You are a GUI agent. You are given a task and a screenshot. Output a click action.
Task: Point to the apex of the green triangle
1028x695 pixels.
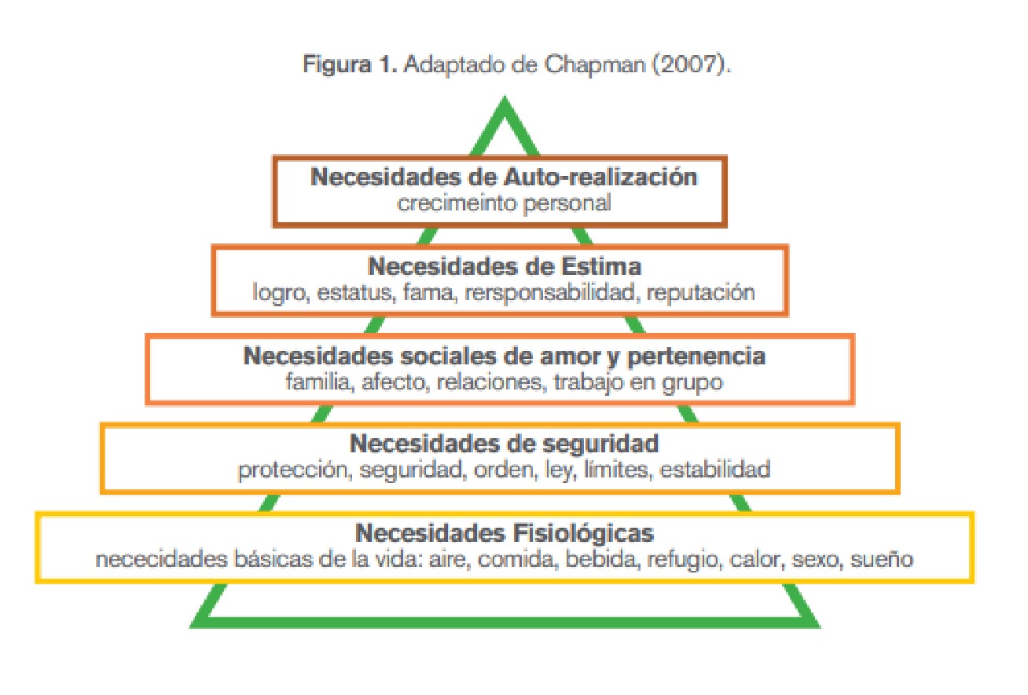click(x=504, y=101)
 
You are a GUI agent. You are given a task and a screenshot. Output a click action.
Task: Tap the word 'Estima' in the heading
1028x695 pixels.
click(x=602, y=267)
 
